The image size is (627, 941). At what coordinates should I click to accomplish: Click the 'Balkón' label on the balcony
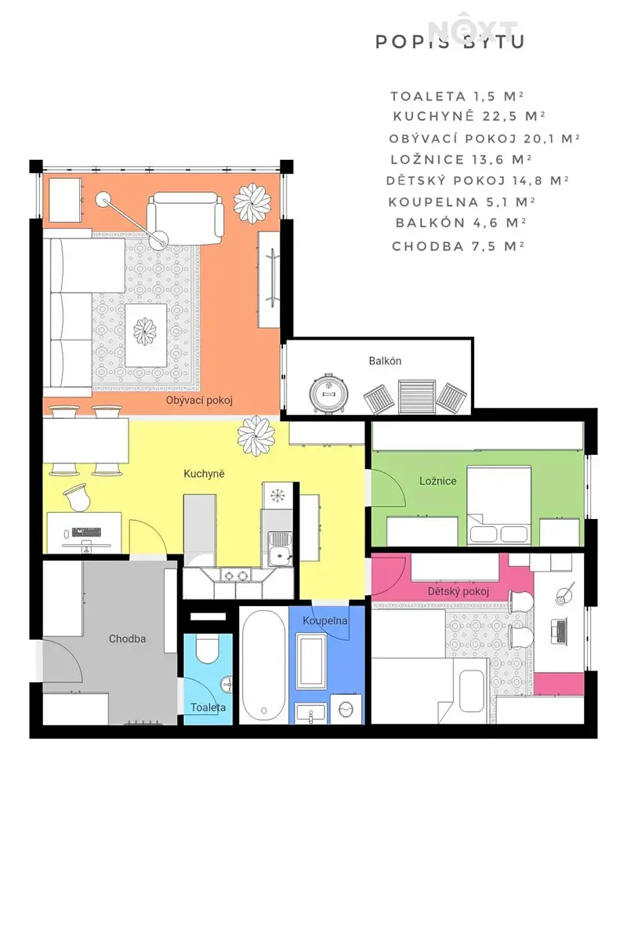[x=385, y=361]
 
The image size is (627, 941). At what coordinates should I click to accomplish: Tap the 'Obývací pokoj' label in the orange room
[x=199, y=401]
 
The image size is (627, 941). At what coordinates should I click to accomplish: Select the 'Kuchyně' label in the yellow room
[x=204, y=474]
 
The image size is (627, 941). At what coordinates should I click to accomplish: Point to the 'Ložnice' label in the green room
[x=437, y=481]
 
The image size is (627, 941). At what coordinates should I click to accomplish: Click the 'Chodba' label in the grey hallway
[x=127, y=639]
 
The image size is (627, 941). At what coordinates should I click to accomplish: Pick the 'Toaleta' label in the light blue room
[x=208, y=707]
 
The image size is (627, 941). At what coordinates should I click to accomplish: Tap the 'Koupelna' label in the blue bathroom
[x=324, y=620]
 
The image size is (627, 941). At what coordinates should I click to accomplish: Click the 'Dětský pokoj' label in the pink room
[x=458, y=591]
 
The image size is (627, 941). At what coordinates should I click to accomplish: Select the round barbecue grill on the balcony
[x=329, y=394]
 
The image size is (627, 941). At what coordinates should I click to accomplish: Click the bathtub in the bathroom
[x=264, y=665]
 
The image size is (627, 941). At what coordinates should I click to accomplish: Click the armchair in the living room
[x=185, y=218]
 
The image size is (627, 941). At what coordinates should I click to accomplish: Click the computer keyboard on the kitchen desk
[x=86, y=532]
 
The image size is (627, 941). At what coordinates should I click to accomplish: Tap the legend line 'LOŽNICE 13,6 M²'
[x=461, y=160]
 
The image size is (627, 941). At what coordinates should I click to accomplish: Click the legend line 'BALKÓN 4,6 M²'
[x=461, y=223]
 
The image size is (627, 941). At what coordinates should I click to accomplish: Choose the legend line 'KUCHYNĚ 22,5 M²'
[x=469, y=116]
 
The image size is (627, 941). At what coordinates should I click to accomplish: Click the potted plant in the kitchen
[x=256, y=436]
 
